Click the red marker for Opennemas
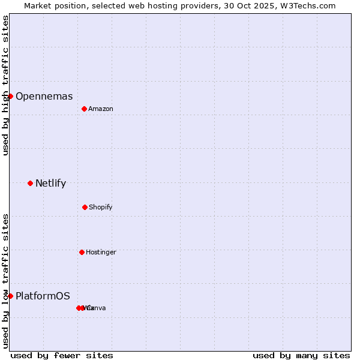tap(10, 96)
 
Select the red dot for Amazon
tap(84, 109)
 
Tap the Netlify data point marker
tap(30, 183)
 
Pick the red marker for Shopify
tap(85, 207)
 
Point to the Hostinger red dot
tap(82, 252)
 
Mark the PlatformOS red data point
tap(10, 296)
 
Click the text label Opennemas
tap(44, 97)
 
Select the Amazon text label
tap(101, 109)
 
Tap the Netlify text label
tap(50, 184)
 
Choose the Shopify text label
tap(101, 208)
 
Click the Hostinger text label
tap(101, 253)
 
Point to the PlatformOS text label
tap(43, 296)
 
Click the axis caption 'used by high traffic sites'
tap(6, 85)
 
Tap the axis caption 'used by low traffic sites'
tap(6, 281)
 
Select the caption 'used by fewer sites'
tap(62, 356)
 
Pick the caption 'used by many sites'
tap(301, 356)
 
